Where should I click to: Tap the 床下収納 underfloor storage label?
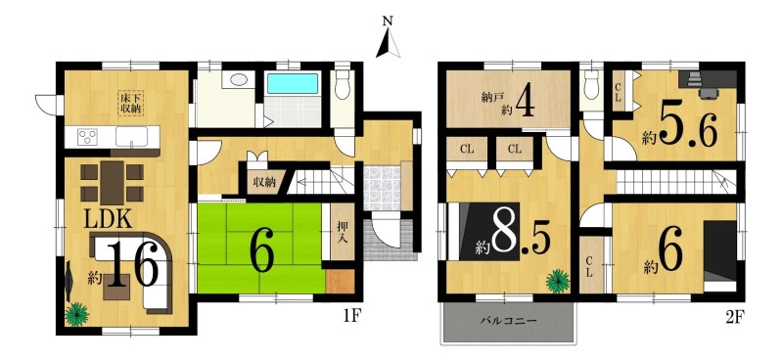131,103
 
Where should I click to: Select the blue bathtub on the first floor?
293,83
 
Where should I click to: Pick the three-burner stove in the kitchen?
89,136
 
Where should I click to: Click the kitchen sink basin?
131,136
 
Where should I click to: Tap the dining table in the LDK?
113,182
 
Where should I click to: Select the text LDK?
108,219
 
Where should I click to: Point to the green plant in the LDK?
76,315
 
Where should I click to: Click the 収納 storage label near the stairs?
264,182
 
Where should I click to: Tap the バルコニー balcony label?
509,320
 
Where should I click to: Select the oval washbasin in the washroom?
239,80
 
